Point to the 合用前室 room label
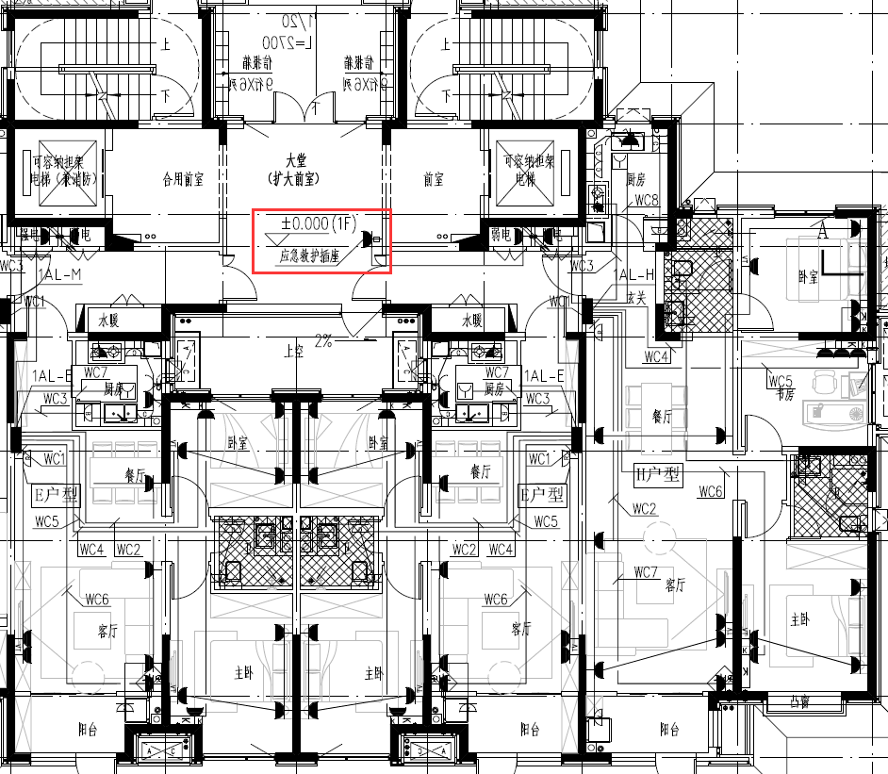(183, 177)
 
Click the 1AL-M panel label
(61, 274)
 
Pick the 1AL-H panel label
(634, 274)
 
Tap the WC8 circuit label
(646, 201)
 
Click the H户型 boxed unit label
(658, 474)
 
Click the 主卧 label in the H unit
(799, 619)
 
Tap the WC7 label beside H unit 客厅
(646, 572)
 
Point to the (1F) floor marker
(347, 223)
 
